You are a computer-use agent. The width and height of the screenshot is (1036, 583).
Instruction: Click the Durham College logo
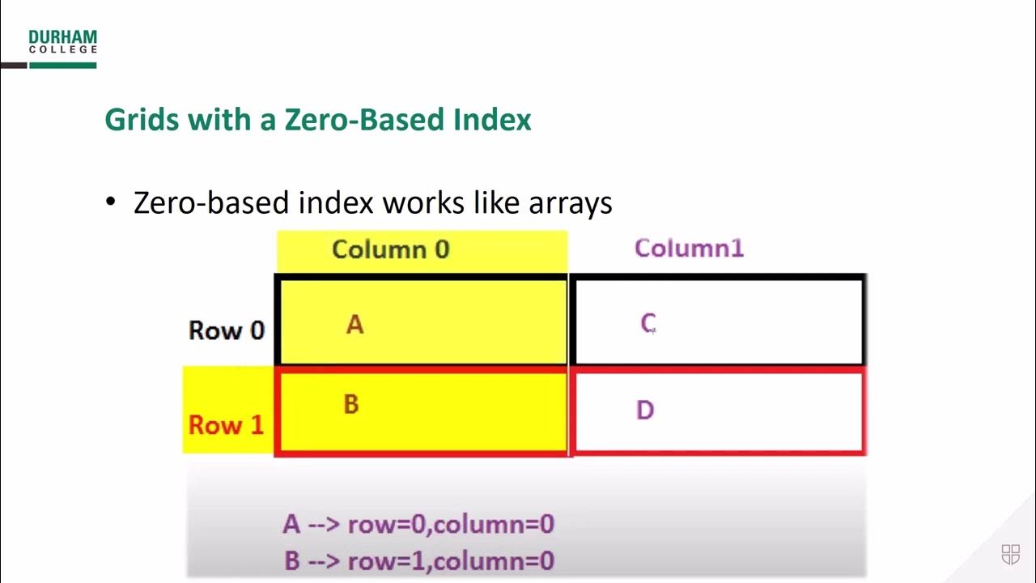pos(62,42)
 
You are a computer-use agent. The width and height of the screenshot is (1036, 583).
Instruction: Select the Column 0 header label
pos(390,249)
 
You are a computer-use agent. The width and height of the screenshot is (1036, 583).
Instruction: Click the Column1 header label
pos(689,249)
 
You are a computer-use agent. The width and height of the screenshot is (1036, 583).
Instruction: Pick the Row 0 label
pos(227,330)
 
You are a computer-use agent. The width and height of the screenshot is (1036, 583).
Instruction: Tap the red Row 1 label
pos(227,424)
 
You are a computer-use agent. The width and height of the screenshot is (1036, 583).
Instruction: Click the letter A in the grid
pos(355,325)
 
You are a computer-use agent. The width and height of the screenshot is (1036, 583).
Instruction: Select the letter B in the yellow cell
pos(351,404)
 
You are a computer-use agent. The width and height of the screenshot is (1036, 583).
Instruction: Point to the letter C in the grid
pos(647,324)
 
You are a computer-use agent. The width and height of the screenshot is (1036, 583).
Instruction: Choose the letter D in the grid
pos(645,411)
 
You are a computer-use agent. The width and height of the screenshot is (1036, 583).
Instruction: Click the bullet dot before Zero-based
pos(112,202)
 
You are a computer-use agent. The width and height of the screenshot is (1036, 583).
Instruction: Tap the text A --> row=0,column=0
pos(418,524)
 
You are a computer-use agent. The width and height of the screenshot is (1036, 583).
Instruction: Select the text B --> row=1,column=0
pos(418,560)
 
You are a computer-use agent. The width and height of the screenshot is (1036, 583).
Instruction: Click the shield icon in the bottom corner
pos(1011,555)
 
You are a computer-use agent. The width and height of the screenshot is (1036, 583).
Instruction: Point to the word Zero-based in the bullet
pos(211,202)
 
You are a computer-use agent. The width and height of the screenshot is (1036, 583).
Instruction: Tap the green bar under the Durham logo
pos(62,65)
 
